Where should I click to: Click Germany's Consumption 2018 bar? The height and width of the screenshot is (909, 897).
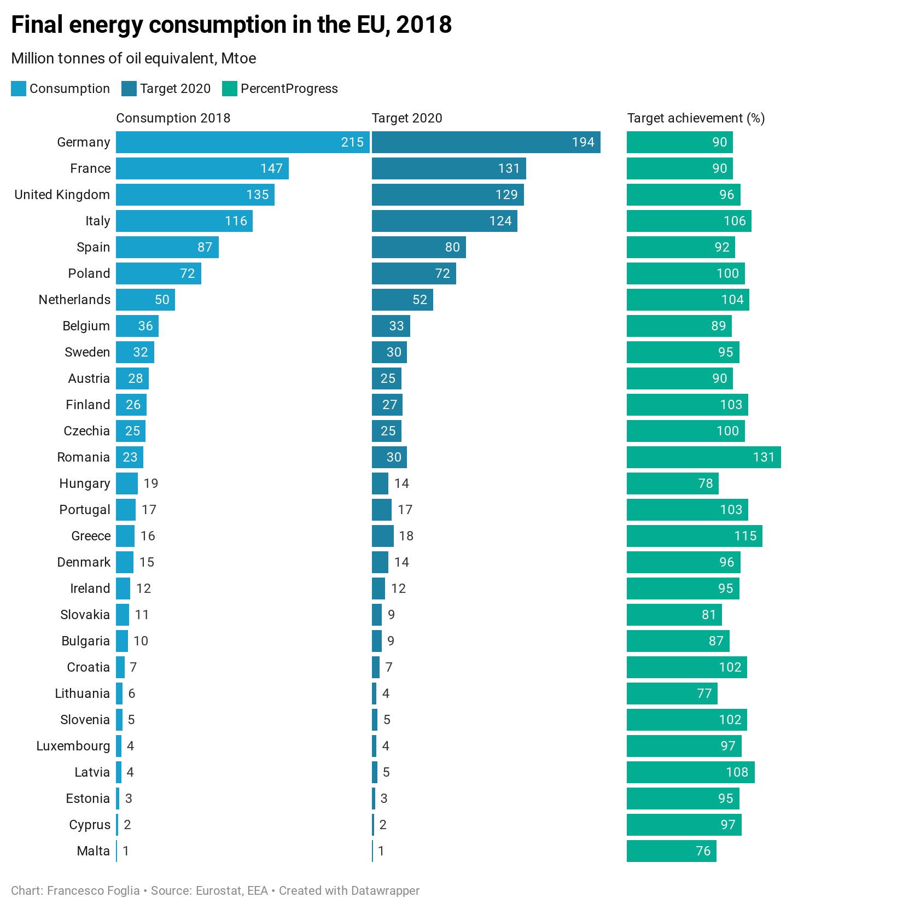pos(242,142)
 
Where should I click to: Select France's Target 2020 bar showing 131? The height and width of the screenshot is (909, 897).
pos(449,168)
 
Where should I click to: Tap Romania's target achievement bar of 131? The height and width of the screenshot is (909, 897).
pos(703,457)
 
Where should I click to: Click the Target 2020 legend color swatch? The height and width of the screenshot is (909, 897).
pos(129,89)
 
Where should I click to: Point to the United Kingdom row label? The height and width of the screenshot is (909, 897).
pos(62,195)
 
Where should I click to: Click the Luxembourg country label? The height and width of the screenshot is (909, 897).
pos(73,746)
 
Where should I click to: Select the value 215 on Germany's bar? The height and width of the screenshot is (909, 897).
pos(352,142)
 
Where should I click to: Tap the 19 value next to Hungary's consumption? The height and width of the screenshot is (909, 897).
pos(151,483)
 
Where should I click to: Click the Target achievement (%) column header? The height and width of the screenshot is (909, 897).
pos(696,118)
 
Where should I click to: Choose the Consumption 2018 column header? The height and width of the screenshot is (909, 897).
pos(173,118)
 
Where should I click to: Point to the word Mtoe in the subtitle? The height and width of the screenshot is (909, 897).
pos(238,59)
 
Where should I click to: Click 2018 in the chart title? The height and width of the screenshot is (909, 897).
pos(424,25)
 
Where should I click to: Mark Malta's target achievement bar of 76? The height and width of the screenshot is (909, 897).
pos(671,851)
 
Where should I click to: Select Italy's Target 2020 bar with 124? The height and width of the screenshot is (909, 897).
pos(444,221)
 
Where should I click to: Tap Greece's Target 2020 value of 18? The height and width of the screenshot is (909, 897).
pos(406,536)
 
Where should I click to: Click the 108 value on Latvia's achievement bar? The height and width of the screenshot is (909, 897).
pos(737,772)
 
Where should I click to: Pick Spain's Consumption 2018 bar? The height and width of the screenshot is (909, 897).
pos(167,247)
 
